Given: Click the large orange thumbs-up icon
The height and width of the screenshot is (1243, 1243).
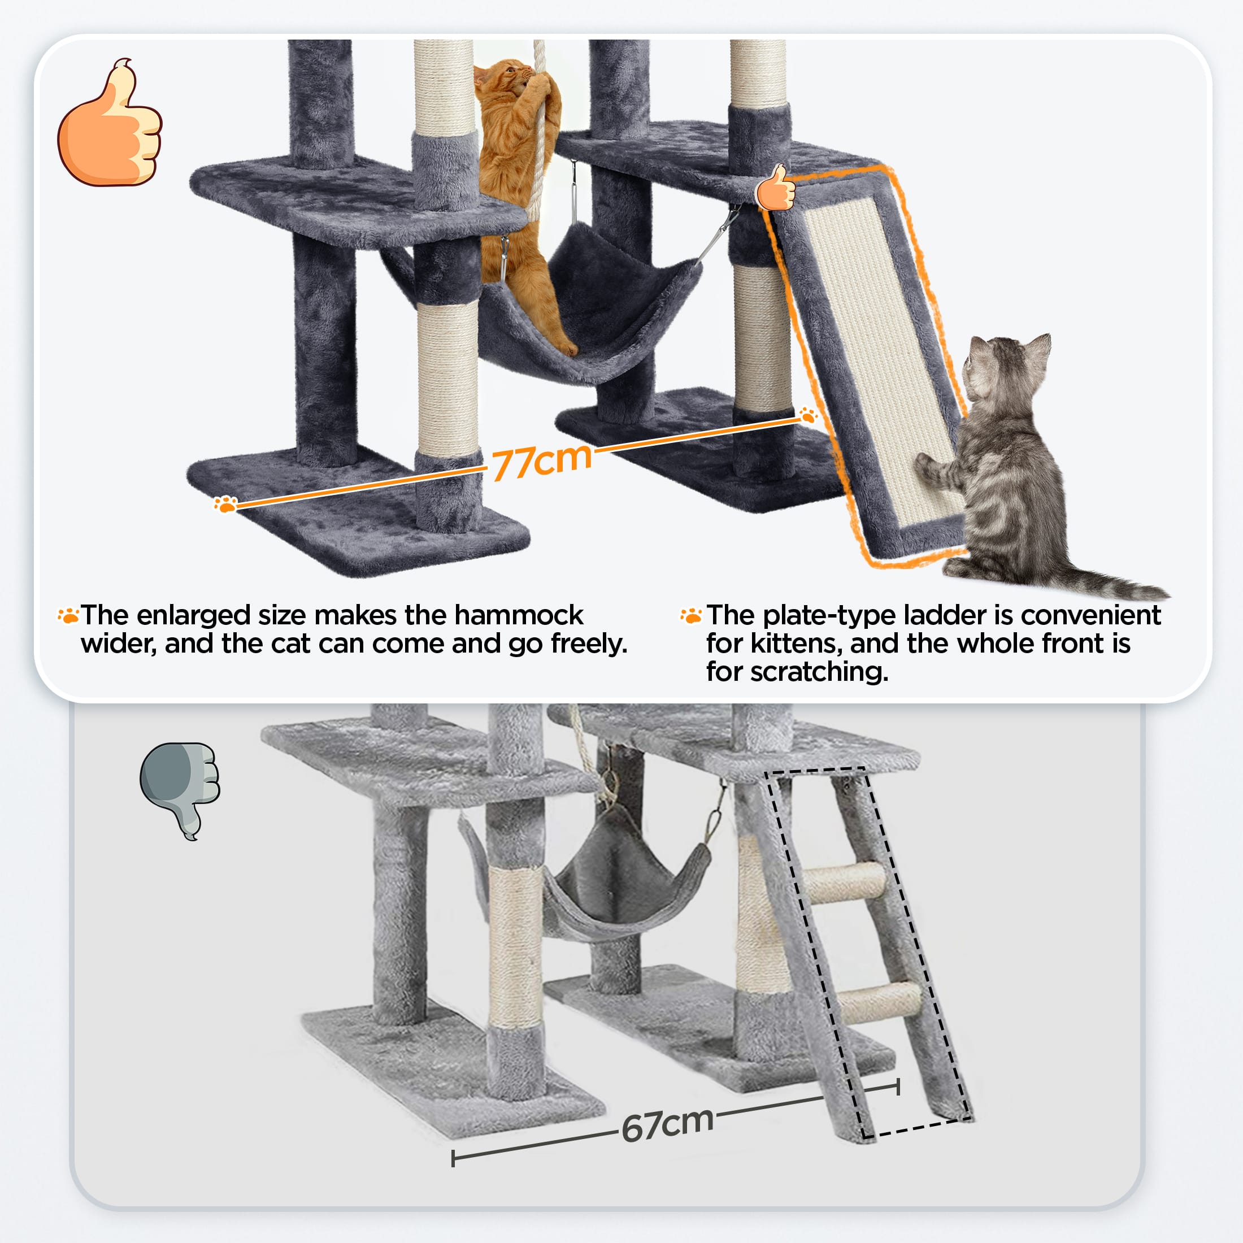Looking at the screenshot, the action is tap(110, 124).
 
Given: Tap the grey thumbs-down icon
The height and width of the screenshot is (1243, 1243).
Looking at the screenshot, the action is tap(180, 790).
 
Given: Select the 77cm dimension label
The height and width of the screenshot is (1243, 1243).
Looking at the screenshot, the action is tap(542, 460).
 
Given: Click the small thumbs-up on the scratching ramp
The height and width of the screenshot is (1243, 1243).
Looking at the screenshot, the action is tap(776, 187).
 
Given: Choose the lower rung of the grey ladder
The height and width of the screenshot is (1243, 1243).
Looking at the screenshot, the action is tap(880, 1001).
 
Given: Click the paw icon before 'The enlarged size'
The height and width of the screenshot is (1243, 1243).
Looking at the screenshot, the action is tap(68, 615).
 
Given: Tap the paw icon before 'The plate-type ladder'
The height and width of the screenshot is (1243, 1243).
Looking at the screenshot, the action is tap(692, 615).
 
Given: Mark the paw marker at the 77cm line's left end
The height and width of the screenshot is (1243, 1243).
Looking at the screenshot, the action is tap(225, 504).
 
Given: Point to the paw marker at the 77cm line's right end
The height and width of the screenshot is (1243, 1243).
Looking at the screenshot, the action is tap(808, 414).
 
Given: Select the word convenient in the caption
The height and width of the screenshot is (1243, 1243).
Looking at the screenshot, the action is tap(1090, 616).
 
